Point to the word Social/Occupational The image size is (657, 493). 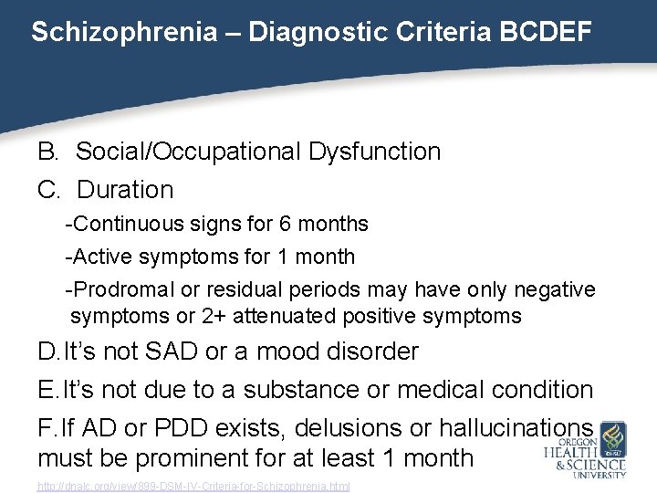(188, 152)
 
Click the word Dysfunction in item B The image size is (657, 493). (374, 152)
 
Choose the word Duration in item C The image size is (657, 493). (125, 190)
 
